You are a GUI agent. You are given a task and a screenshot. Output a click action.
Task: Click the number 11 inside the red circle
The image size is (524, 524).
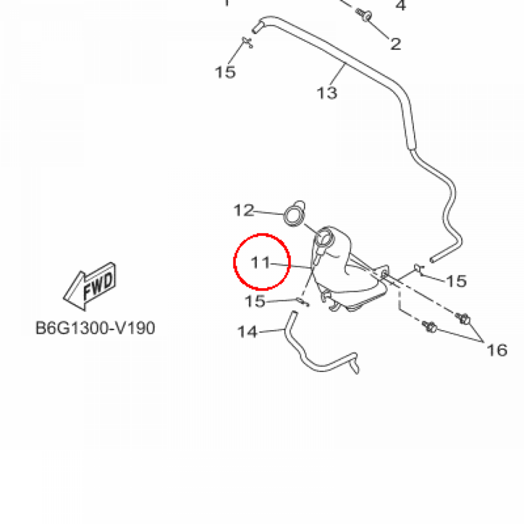tap(260, 263)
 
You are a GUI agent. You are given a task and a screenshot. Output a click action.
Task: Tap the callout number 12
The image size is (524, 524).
tap(244, 210)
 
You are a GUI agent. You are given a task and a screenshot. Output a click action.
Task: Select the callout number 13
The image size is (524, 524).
tap(327, 93)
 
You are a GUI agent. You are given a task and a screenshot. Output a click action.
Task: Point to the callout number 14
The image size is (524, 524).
tap(247, 332)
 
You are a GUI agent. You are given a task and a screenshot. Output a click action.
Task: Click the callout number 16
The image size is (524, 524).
tap(497, 350)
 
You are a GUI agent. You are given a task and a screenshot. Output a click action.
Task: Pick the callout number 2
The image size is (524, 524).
tap(396, 44)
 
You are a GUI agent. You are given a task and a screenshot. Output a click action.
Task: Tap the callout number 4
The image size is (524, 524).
tap(401, 5)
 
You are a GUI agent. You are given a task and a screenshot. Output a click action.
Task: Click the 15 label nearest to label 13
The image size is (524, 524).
tap(225, 72)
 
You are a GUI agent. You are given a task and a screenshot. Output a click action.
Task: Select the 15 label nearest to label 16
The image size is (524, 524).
tap(456, 281)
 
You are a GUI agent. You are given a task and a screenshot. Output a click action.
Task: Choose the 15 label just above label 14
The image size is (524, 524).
tap(255, 301)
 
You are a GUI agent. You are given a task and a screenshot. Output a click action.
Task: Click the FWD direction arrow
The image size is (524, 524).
tap(90, 287)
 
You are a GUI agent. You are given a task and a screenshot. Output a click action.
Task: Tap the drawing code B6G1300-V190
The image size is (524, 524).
tap(95, 328)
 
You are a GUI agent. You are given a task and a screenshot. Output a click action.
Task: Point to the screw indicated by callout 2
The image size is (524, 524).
tap(364, 15)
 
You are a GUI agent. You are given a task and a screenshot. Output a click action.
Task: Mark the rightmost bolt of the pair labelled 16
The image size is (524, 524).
tap(463, 318)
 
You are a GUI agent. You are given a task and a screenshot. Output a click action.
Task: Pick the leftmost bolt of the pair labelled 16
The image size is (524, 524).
tap(429, 326)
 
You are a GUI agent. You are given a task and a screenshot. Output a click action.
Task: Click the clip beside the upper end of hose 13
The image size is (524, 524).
tap(248, 42)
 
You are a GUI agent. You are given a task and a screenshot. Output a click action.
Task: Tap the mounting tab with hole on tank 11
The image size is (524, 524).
tap(383, 273)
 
